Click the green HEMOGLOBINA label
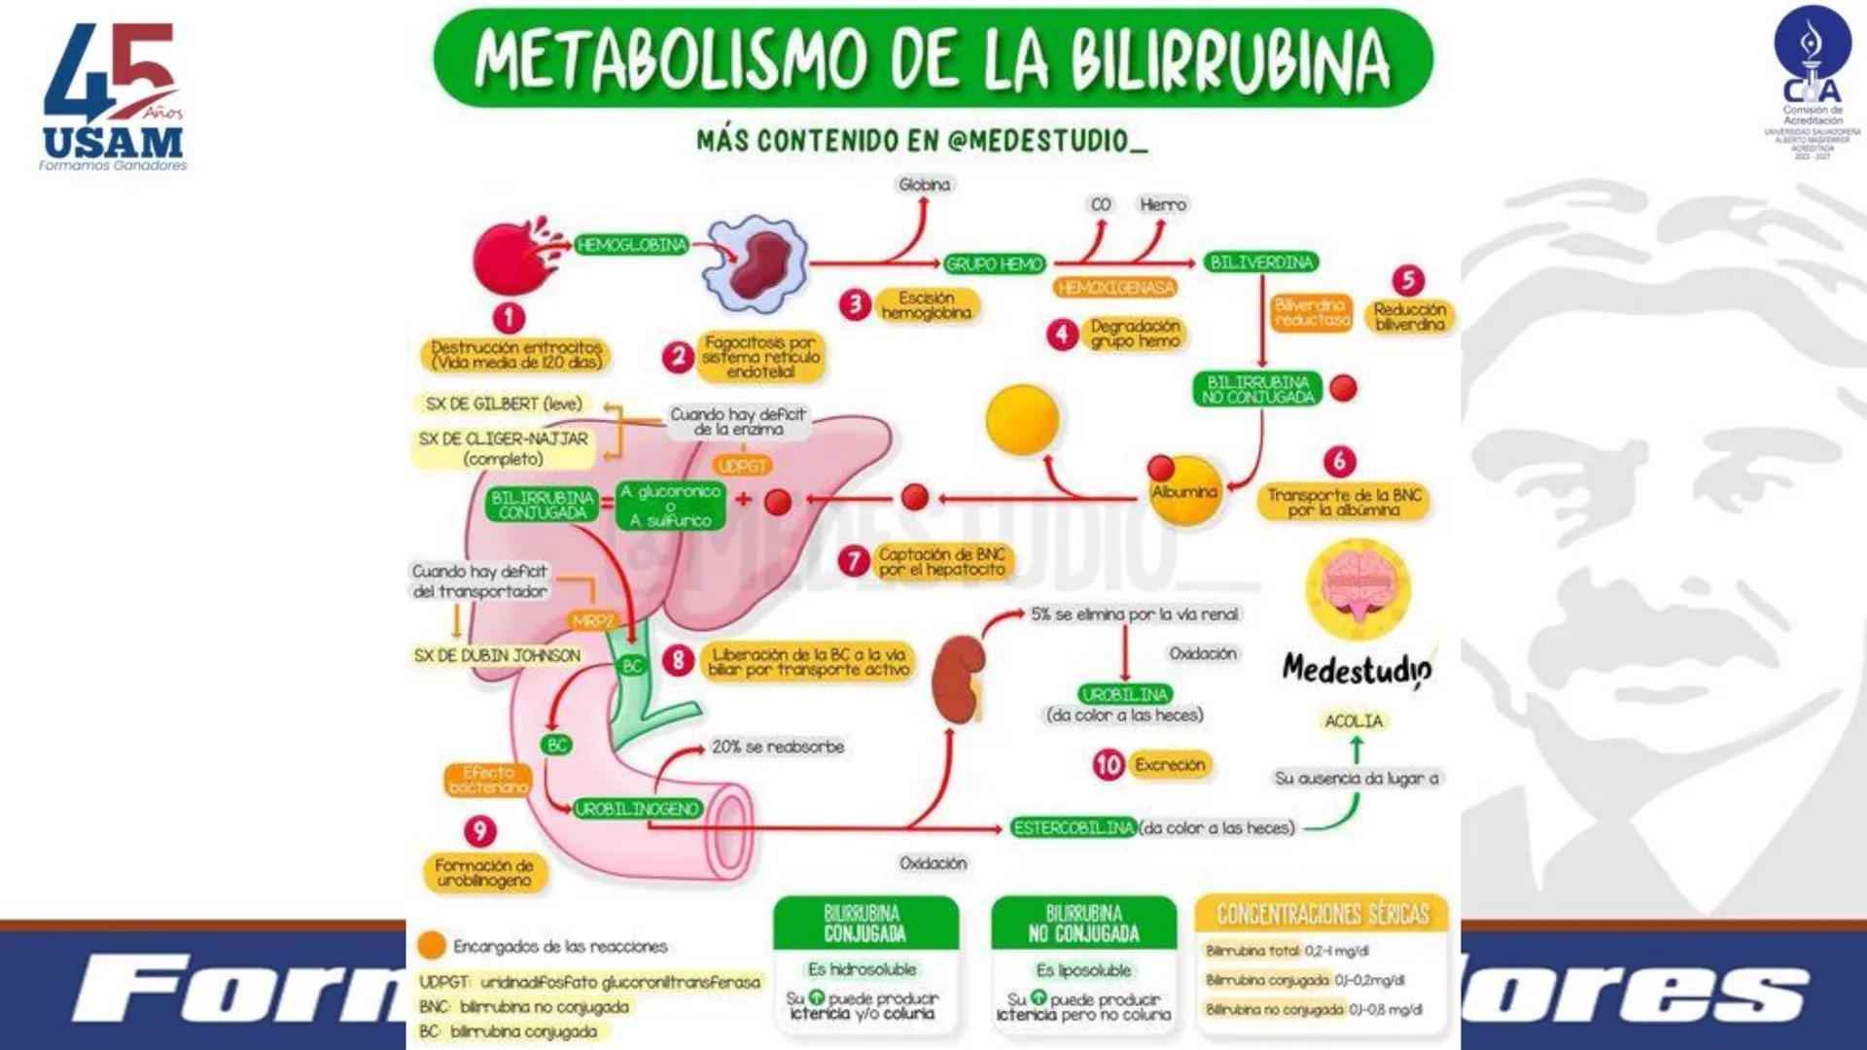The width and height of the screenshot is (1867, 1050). [631, 245]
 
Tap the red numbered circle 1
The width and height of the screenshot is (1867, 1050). [509, 317]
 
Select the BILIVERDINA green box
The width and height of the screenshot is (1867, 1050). [1261, 262]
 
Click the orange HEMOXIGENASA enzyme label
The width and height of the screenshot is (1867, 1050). [1115, 288]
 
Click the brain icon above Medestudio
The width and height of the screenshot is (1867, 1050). [1357, 586]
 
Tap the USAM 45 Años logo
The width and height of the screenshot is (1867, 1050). [113, 97]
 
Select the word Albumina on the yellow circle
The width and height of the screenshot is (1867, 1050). [1183, 492]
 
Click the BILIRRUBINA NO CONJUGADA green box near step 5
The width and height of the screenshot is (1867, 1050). [1257, 389]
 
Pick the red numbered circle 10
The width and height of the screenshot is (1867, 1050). [1109, 765]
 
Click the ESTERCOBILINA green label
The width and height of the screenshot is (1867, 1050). [1073, 827]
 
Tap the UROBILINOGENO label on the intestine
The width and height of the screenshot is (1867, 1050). [637, 809]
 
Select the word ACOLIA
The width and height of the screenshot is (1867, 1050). [1354, 721]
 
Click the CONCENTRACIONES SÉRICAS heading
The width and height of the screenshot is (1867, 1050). [1322, 914]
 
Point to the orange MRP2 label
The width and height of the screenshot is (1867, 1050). [593, 621]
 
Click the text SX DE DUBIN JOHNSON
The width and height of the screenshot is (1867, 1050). [497, 656]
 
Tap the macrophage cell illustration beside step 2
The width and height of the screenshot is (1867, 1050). [757, 262]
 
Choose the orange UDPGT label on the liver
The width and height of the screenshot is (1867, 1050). [742, 467]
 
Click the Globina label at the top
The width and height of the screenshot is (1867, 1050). [925, 185]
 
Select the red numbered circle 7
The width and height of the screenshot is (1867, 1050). [854, 561]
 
